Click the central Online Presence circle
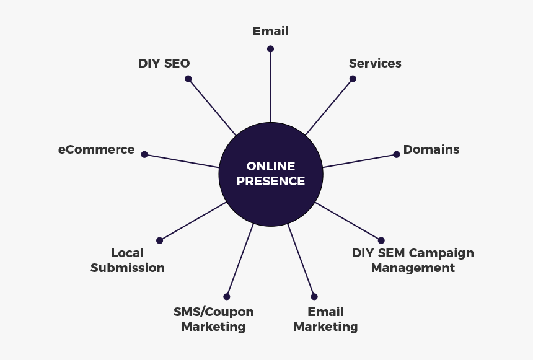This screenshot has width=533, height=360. pyautogui.click(x=271, y=174)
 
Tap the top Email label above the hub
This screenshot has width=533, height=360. pyautogui.click(x=271, y=31)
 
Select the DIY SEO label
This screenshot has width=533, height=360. pyautogui.click(x=164, y=63)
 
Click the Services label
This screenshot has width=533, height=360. pyautogui.click(x=375, y=63)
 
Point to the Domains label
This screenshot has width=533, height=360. pyautogui.click(x=431, y=149)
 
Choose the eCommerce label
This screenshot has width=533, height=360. pyautogui.click(x=96, y=149)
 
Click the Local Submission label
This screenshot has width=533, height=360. pyautogui.click(x=128, y=260)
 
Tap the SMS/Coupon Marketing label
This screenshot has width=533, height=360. pyautogui.click(x=214, y=319)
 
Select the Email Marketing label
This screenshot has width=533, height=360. pyautogui.click(x=325, y=319)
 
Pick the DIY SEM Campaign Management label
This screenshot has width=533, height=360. pyautogui.click(x=413, y=260)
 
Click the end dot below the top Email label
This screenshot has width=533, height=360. pyautogui.click(x=270, y=48)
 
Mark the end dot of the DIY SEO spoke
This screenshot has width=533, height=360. pyautogui.click(x=188, y=79)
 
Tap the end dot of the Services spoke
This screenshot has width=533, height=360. pyautogui.click(x=353, y=79)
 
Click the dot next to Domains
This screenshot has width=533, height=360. pyautogui.click(x=397, y=154)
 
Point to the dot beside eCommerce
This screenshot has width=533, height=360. pyautogui.click(x=144, y=154)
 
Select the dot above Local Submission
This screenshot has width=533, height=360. pyautogui.click(x=159, y=240)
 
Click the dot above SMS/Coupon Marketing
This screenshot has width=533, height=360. pyautogui.click(x=227, y=297)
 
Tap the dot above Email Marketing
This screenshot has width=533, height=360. pyautogui.click(x=314, y=297)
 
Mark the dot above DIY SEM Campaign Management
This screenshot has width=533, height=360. pyautogui.click(x=381, y=240)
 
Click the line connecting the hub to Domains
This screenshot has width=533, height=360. pyautogui.click(x=359, y=161)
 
